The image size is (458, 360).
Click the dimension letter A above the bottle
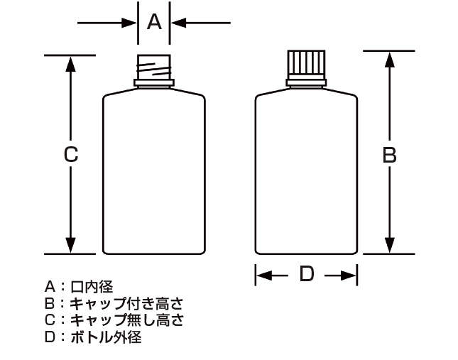(x=154, y=22)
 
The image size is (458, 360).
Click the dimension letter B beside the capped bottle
(x=389, y=155)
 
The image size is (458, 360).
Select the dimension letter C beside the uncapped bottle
(x=71, y=155)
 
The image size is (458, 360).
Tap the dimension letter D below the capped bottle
(x=307, y=274)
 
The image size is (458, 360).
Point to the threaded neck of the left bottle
(x=154, y=67)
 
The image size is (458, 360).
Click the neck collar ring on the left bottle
(x=154, y=83)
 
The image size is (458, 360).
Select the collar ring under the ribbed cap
(x=306, y=82)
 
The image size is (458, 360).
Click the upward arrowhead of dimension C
(x=71, y=64)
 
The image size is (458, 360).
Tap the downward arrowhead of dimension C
(x=71, y=245)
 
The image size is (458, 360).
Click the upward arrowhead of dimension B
(x=389, y=60)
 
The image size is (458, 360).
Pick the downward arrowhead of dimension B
(x=389, y=245)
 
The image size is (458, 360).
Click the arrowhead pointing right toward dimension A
(x=129, y=23)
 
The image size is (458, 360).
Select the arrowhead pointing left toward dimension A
(x=178, y=23)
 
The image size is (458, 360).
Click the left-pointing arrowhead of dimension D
(x=264, y=275)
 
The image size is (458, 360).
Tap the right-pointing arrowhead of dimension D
(x=349, y=275)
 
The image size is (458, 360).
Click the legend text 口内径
(x=92, y=287)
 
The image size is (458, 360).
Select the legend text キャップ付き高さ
(x=126, y=303)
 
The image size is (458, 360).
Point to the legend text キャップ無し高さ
(x=127, y=320)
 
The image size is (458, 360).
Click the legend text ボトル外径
(x=106, y=337)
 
